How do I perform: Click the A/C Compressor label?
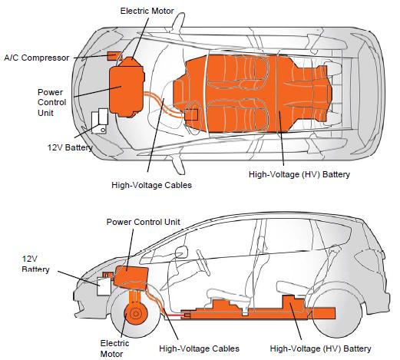click(x=37, y=58)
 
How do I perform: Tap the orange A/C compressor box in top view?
click(x=114, y=56)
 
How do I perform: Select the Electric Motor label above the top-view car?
click(x=147, y=11)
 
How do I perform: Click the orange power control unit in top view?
click(x=127, y=91)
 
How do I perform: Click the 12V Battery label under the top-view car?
click(x=70, y=147)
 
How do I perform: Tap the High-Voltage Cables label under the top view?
click(x=151, y=185)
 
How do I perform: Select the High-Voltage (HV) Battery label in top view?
click(x=299, y=174)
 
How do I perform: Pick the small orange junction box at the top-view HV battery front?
click(x=191, y=114)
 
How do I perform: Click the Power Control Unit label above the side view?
click(x=143, y=222)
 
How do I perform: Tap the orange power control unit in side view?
click(x=131, y=277)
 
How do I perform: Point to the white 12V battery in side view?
click(x=104, y=286)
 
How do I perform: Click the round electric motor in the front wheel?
click(x=134, y=313)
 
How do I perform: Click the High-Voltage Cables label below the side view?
click(x=199, y=348)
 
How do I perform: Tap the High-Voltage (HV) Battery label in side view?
click(x=320, y=348)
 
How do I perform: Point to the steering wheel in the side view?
click(x=203, y=263)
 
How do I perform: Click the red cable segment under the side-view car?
click(x=173, y=315)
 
